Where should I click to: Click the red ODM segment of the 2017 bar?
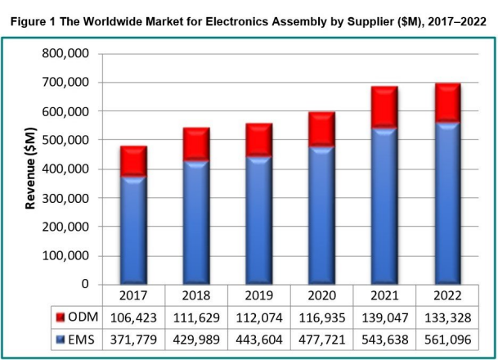coord(133,161)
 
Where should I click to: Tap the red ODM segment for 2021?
coord(384,106)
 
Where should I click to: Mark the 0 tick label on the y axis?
coord(84,285)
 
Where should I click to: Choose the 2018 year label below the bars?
coord(196,295)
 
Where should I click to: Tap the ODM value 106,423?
coord(133,316)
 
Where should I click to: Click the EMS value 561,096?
coord(446,336)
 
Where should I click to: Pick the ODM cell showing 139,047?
coord(384,316)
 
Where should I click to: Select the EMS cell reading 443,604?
coord(258,336)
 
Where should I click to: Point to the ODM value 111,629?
coord(196,316)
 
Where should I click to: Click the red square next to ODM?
coord(61,316)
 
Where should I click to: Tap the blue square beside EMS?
coord(61,336)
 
